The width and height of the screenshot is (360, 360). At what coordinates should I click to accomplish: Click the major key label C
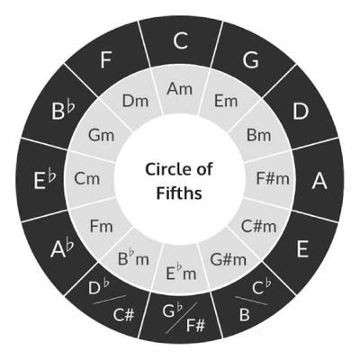tap(180, 40)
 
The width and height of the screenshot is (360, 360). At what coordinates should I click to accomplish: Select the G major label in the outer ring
tap(250, 59)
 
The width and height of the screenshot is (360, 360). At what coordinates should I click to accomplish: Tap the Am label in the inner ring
tap(180, 89)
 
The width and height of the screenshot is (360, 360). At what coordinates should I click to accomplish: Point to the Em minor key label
tap(226, 101)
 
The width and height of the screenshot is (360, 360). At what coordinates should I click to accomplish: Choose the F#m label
tap(273, 178)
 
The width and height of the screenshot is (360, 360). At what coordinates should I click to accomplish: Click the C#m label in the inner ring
tap(258, 226)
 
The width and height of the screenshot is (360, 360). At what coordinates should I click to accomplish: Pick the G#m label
tap(229, 259)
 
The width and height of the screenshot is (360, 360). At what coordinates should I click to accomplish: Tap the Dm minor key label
tap(135, 101)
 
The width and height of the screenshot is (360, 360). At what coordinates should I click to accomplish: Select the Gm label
tap(102, 135)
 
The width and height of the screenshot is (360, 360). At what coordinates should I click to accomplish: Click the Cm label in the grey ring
tap(86, 179)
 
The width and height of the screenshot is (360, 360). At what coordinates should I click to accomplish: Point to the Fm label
tap(102, 226)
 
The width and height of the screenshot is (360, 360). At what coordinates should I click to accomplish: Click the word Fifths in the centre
tap(179, 193)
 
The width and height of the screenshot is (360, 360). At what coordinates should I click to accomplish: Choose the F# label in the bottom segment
tap(195, 325)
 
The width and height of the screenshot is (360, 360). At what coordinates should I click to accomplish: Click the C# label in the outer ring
tap(123, 315)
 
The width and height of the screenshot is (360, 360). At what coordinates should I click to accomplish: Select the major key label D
tap(301, 112)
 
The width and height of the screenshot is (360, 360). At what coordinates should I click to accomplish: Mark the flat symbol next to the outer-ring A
tap(70, 246)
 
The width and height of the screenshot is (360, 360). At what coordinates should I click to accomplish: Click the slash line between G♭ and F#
tap(182, 318)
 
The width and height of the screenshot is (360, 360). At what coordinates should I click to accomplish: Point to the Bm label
tap(258, 135)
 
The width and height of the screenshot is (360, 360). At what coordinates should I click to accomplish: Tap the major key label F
tap(106, 59)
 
